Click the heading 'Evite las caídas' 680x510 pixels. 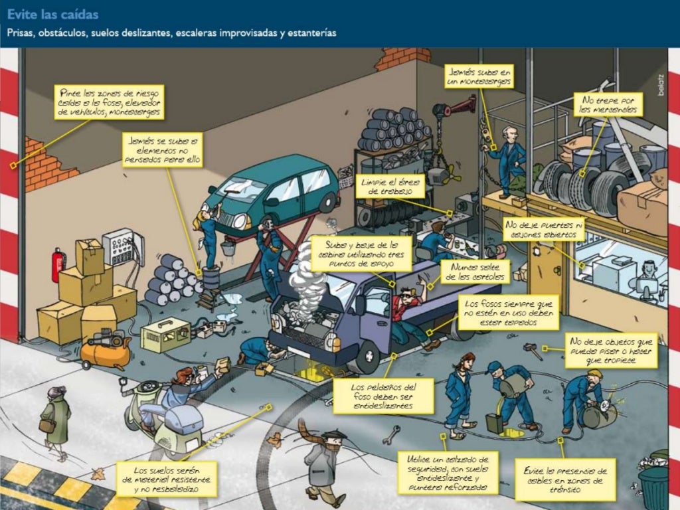coord(53,14)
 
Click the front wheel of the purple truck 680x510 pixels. coord(367,358)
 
